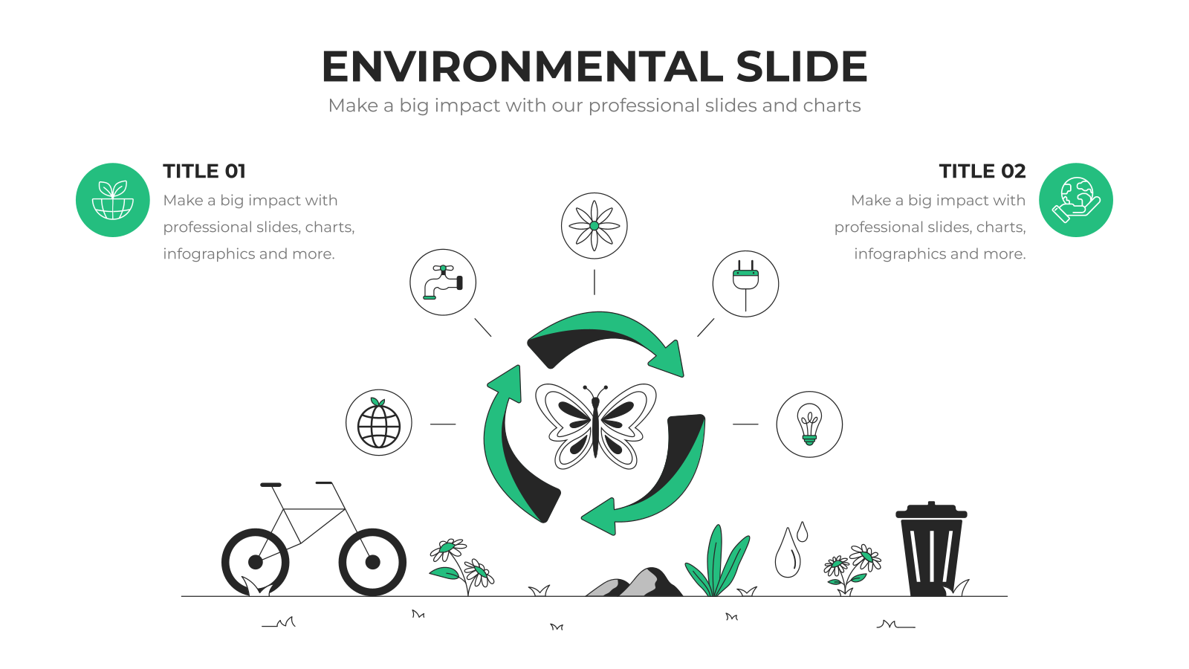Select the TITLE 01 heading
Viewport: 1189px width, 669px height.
coord(204,171)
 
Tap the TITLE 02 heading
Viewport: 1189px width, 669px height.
coord(982,171)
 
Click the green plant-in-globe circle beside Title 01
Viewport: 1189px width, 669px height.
coord(112,200)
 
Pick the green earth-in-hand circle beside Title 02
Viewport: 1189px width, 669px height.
coord(1075,200)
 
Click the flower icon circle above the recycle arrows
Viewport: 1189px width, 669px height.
coord(594,226)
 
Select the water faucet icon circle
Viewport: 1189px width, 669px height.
coord(443,282)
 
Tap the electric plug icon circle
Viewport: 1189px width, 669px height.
coord(745,283)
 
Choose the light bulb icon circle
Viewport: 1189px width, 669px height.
coord(809,424)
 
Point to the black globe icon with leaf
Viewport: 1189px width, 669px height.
coord(378,423)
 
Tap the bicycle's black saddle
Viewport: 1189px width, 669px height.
coord(270,485)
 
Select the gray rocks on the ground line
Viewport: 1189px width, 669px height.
coord(635,583)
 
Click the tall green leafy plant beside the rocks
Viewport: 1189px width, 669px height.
coord(716,563)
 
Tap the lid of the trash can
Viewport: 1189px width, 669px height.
coord(931,511)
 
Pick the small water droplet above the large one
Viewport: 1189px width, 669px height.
coord(802,531)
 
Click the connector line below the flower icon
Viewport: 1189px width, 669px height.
coord(594,282)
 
